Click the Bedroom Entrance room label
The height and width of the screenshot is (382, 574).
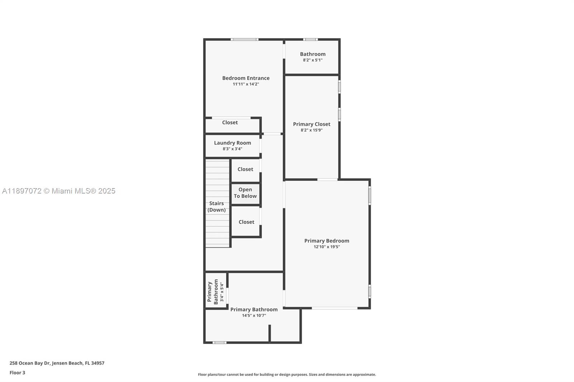(x=246, y=78)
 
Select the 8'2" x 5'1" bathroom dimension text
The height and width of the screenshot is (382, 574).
(x=312, y=60)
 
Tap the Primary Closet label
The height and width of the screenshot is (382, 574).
(x=311, y=124)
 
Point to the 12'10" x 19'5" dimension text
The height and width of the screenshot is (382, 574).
(x=326, y=247)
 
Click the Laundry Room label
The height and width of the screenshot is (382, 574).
(x=232, y=143)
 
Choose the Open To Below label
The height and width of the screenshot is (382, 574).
(x=245, y=193)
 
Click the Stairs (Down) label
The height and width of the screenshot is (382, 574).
(x=217, y=206)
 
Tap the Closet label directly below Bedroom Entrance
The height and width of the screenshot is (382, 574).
(x=230, y=123)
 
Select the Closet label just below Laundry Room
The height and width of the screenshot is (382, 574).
(x=245, y=169)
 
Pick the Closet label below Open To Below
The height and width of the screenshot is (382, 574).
(x=246, y=222)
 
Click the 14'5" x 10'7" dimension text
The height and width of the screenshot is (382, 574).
(x=254, y=316)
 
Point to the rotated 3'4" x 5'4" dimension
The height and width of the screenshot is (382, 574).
(x=222, y=292)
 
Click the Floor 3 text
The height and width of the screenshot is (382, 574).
(x=17, y=373)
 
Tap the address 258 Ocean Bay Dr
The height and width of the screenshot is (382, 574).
(x=57, y=363)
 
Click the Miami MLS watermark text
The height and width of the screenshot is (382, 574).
(x=59, y=191)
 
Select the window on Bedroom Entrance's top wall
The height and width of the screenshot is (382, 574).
(x=244, y=39)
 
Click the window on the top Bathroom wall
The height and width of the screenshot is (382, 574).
(x=310, y=39)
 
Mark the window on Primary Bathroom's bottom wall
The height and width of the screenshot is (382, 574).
(x=219, y=343)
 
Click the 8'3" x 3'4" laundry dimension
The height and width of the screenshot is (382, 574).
(x=232, y=149)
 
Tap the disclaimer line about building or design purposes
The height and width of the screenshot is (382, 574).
(x=287, y=374)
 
